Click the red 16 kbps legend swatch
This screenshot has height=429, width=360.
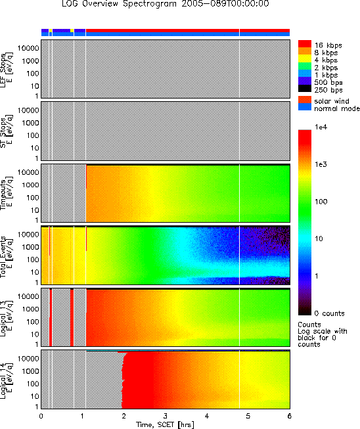304,44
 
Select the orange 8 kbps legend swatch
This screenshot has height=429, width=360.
304,51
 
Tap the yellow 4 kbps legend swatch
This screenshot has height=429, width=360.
304,58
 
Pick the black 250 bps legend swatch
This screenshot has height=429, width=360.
304,89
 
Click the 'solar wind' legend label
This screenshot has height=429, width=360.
332,101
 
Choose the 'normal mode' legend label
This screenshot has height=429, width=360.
337,108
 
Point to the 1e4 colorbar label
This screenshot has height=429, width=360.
321,127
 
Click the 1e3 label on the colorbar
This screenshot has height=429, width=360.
321,164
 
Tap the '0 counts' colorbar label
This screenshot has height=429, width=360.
329,313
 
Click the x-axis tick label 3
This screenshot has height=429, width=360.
166,416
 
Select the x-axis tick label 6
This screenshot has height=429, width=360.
290,416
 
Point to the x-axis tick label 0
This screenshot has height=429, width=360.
41,416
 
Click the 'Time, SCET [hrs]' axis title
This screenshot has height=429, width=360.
166,424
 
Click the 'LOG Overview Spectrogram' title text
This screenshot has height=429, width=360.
119,4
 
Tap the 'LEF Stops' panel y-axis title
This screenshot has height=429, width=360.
7,70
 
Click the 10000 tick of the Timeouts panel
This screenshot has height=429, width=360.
28,172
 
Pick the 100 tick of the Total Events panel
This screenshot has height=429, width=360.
33,260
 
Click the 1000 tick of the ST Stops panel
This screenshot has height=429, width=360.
31,123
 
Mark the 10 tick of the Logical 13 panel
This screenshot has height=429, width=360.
35,334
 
